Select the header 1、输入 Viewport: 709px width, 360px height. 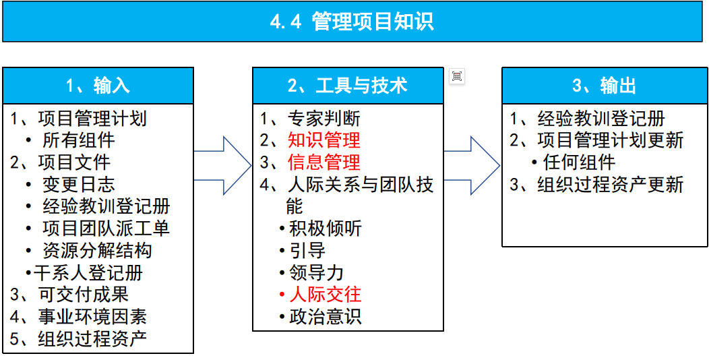(98, 86)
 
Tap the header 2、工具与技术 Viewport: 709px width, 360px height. (348, 86)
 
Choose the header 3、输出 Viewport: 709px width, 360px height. (604, 86)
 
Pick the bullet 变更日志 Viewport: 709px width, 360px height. (78, 185)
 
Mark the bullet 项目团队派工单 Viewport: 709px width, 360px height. (106, 229)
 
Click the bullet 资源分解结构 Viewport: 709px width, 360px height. (97, 251)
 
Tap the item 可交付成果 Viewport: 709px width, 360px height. (83, 295)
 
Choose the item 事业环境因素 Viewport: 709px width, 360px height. (92, 316)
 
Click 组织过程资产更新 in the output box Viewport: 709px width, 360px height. (610, 185)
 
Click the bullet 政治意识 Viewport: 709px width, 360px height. (325, 316)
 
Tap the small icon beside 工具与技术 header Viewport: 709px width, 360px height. (457, 76)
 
